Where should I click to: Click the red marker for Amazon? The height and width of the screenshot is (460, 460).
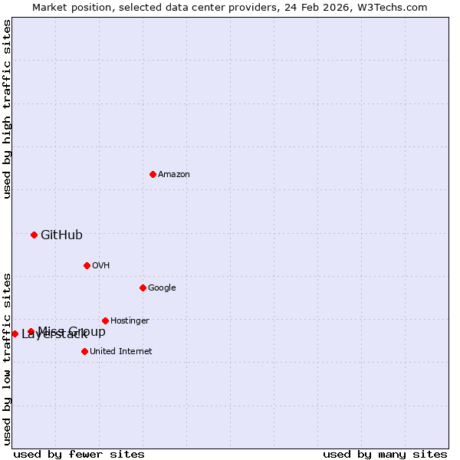153,174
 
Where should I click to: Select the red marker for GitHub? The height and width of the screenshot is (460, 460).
34,235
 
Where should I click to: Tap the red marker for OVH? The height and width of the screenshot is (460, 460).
87,265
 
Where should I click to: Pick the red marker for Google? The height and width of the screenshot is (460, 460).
143,287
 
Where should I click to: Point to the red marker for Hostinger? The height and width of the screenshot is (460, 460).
105,320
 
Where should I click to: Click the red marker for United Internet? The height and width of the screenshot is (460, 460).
84,351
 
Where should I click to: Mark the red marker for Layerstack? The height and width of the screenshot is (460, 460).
15,333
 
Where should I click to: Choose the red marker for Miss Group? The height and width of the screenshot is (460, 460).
31,332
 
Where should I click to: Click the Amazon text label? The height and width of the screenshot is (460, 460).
174,174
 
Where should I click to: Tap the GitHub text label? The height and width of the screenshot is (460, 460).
61,235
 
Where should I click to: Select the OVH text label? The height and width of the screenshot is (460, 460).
100,265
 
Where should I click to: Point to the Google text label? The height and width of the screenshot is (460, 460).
162,287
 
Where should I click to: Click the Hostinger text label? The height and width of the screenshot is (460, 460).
130,320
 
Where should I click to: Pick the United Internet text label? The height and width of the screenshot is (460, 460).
120,351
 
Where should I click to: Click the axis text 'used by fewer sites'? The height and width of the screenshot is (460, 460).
79,454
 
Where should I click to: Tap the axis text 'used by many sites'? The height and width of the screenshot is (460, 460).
385,454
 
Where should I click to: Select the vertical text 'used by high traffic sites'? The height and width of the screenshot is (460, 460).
7,109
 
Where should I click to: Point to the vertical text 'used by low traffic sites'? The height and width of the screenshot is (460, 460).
7,358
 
